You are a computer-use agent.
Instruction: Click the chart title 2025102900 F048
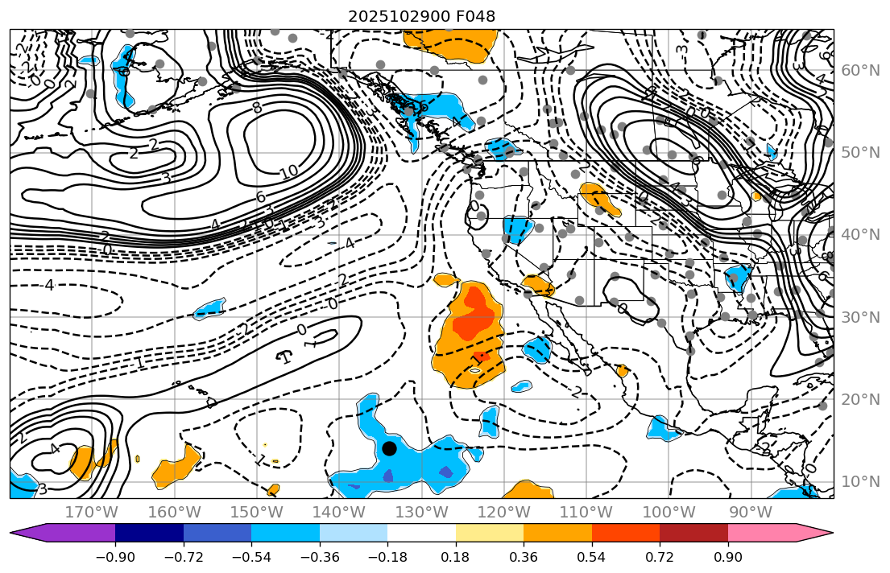(x=421, y=16)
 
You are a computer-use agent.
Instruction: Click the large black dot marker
(x=389, y=448)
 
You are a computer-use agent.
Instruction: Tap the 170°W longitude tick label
(x=90, y=513)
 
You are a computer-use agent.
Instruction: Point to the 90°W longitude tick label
(x=751, y=513)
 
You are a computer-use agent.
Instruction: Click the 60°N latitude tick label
(x=859, y=71)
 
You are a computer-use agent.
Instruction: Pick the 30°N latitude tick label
(x=859, y=317)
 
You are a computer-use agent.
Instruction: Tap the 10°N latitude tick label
(x=859, y=481)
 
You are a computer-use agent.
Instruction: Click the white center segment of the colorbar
(x=421, y=533)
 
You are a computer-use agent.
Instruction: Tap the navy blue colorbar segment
(x=149, y=533)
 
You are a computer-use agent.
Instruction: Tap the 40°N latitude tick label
(x=859, y=235)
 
